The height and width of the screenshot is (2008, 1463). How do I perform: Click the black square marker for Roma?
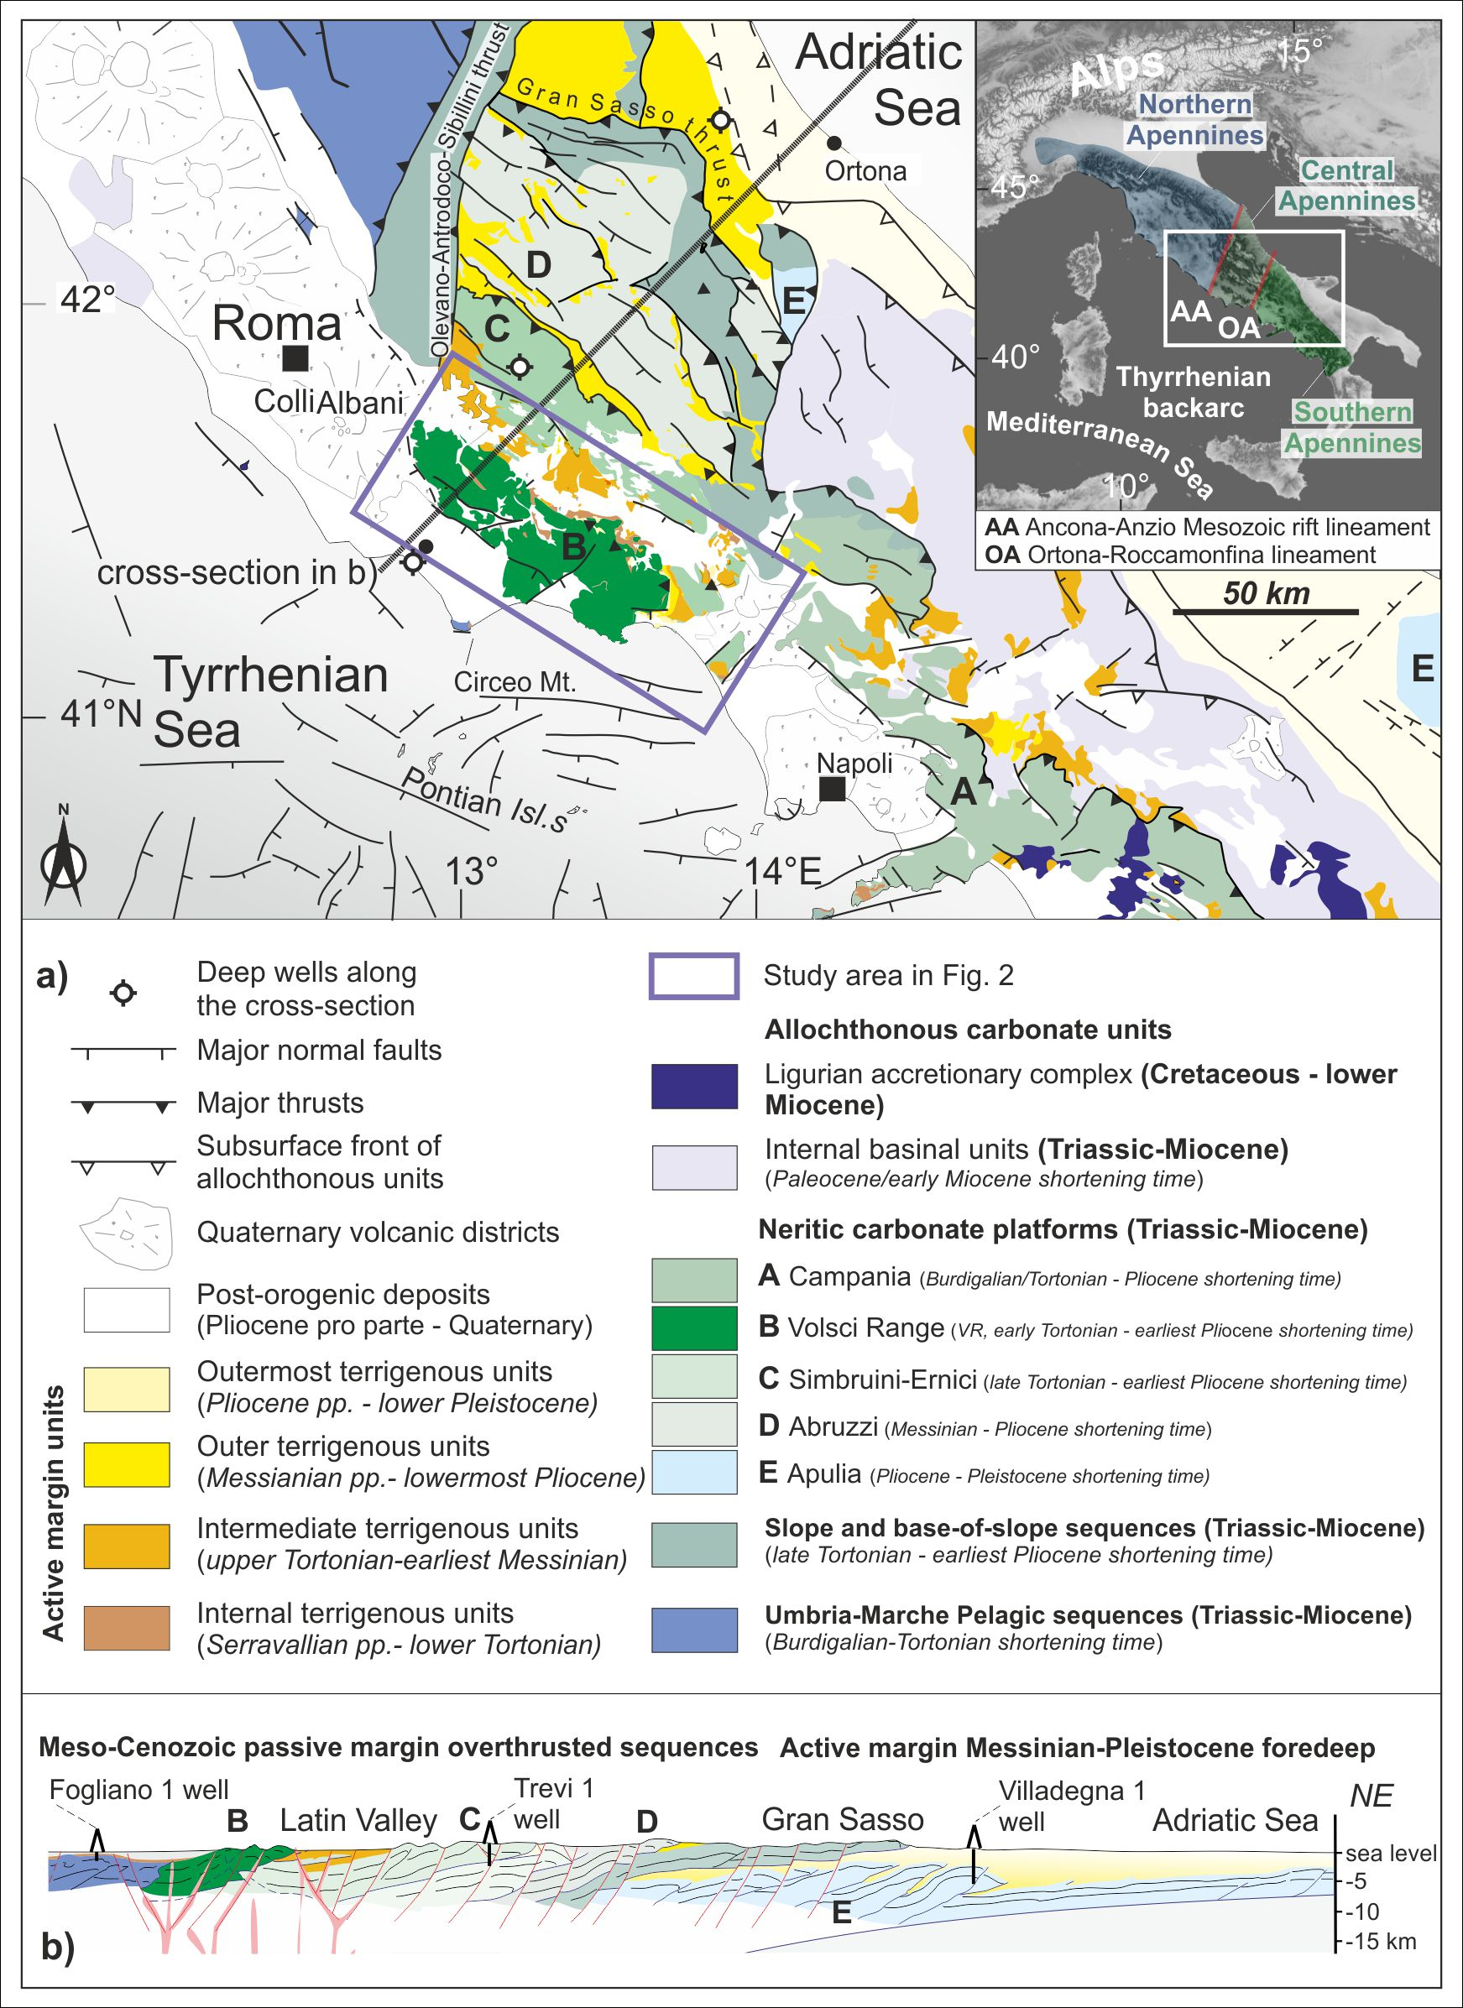tap(295, 358)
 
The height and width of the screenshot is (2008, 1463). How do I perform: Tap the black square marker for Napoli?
tap(831, 789)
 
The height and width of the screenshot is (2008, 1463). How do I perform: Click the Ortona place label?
tap(865, 171)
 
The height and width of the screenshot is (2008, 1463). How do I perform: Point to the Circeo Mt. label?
tap(515, 682)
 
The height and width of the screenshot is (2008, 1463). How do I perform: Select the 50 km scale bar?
tap(1266, 611)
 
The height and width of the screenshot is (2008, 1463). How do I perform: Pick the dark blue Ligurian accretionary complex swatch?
tap(694, 1087)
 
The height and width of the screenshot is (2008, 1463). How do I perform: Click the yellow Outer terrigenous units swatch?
tap(127, 1463)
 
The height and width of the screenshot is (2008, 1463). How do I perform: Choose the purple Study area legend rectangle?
tap(694, 976)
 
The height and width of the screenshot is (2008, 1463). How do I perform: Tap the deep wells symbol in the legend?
tap(123, 994)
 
